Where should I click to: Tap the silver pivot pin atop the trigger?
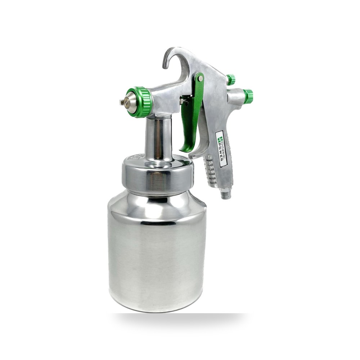tap(201, 78)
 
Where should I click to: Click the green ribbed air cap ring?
tap(142, 102)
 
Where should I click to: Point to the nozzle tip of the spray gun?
tap(122, 102)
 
